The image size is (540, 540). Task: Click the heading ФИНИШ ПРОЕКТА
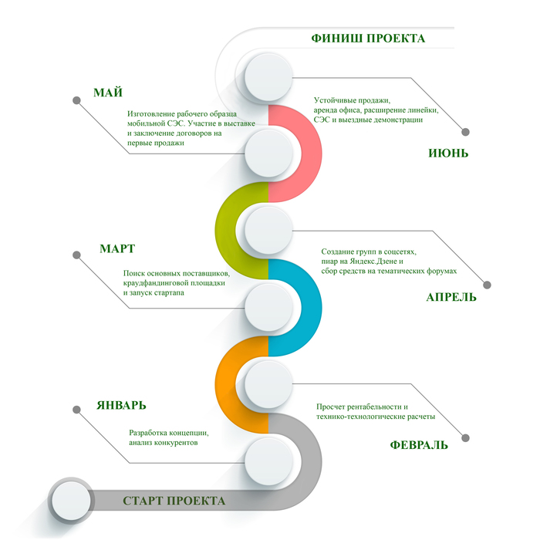point(367,38)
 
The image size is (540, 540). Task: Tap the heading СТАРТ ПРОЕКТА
point(174,501)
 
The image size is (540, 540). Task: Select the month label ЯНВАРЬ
point(121,405)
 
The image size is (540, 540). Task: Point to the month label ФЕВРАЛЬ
point(418,445)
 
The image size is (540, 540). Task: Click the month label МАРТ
point(117,248)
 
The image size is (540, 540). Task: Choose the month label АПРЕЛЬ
point(451,297)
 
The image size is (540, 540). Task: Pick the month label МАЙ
point(108,93)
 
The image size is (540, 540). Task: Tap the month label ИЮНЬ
point(448,153)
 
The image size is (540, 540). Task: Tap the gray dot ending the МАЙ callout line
point(76,100)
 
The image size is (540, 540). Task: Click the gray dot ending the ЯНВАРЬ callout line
point(75,409)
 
